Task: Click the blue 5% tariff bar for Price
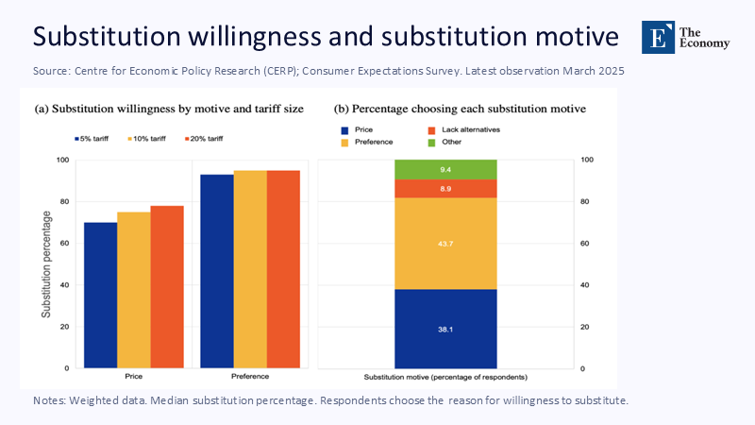pyautogui.click(x=100, y=295)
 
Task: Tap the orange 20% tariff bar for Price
pyautogui.click(x=166, y=286)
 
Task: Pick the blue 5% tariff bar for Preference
pyautogui.click(x=216, y=271)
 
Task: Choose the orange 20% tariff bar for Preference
pyautogui.click(x=283, y=269)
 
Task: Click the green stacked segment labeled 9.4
pyautogui.click(x=445, y=169)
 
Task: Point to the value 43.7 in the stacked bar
pyautogui.click(x=445, y=244)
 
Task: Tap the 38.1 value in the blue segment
pyautogui.click(x=445, y=329)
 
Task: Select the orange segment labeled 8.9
pyautogui.click(x=445, y=189)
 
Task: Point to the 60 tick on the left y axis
pyautogui.click(x=63, y=243)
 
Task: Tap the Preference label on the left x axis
pyautogui.click(x=249, y=376)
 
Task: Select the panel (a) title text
pyautogui.click(x=169, y=109)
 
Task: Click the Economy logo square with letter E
pyautogui.click(x=658, y=36)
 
